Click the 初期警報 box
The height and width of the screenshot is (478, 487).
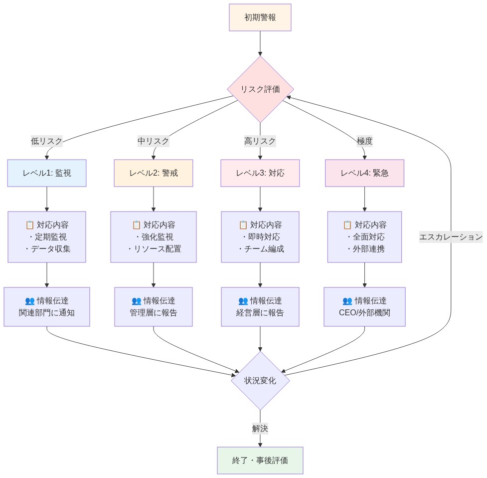pyautogui.click(x=260, y=17)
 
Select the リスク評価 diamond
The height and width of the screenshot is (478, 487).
pyautogui.click(x=260, y=89)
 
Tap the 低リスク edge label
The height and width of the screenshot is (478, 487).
pyautogui.click(x=47, y=141)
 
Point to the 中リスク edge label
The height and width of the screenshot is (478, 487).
pyautogui.click(x=153, y=141)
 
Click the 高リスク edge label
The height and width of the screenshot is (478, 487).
pyautogui.click(x=260, y=141)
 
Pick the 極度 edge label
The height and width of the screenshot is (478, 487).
pyautogui.click(x=364, y=141)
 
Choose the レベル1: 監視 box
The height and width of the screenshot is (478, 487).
pyautogui.click(x=47, y=173)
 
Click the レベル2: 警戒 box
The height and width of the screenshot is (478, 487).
pyautogui.click(x=153, y=173)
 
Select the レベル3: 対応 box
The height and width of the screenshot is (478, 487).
pyautogui.click(x=260, y=173)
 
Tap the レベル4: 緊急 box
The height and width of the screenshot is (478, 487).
pyautogui.click(x=364, y=173)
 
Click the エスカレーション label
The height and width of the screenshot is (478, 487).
pyautogui.click(x=451, y=237)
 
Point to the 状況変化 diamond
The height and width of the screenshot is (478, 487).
pyautogui.click(x=260, y=380)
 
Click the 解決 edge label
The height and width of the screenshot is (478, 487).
pyautogui.click(x=260, y=428)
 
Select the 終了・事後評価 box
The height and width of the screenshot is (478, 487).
pyautogui.click(x=260, y=460)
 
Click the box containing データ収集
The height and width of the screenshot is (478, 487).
pyautogui.click(x=47, y=237)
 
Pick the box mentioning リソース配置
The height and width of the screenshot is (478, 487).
pyautogui.click(x=153, y=237)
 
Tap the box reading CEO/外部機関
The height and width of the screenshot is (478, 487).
pyautogui.click(x=364, y=307)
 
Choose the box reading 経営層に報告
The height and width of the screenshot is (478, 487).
pyautogui.click(x=260, y=307)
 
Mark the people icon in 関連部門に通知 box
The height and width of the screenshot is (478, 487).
pyautogui.click(x=29, y=301)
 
